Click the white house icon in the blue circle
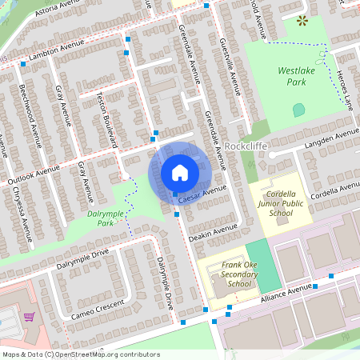coord(180,172)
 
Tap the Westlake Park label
coord(291,76)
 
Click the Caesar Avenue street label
coord(205,192)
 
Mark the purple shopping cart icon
coord(29,318)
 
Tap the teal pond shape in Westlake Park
coord(298,110)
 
